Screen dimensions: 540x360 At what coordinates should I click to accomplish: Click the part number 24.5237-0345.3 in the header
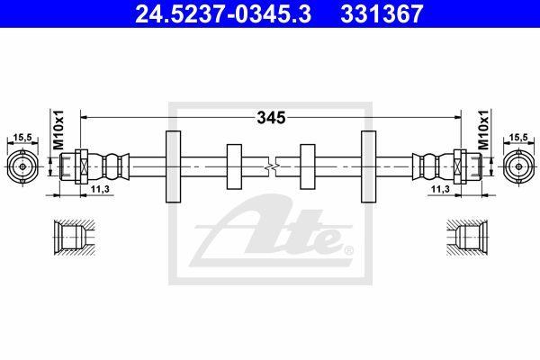point(223,13)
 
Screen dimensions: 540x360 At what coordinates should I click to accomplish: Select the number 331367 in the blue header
point(382,13)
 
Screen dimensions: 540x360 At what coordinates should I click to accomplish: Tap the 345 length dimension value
point(272,118)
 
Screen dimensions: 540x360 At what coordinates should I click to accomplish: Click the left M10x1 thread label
point(58,130)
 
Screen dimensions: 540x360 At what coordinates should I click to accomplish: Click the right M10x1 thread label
point(482,130)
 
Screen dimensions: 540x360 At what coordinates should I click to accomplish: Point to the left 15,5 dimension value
point(22,138)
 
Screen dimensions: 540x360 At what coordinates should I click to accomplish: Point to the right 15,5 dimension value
point(518,138)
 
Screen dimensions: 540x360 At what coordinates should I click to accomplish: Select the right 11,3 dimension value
point(440,189)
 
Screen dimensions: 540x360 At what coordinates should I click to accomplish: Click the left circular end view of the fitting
point(22,166)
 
